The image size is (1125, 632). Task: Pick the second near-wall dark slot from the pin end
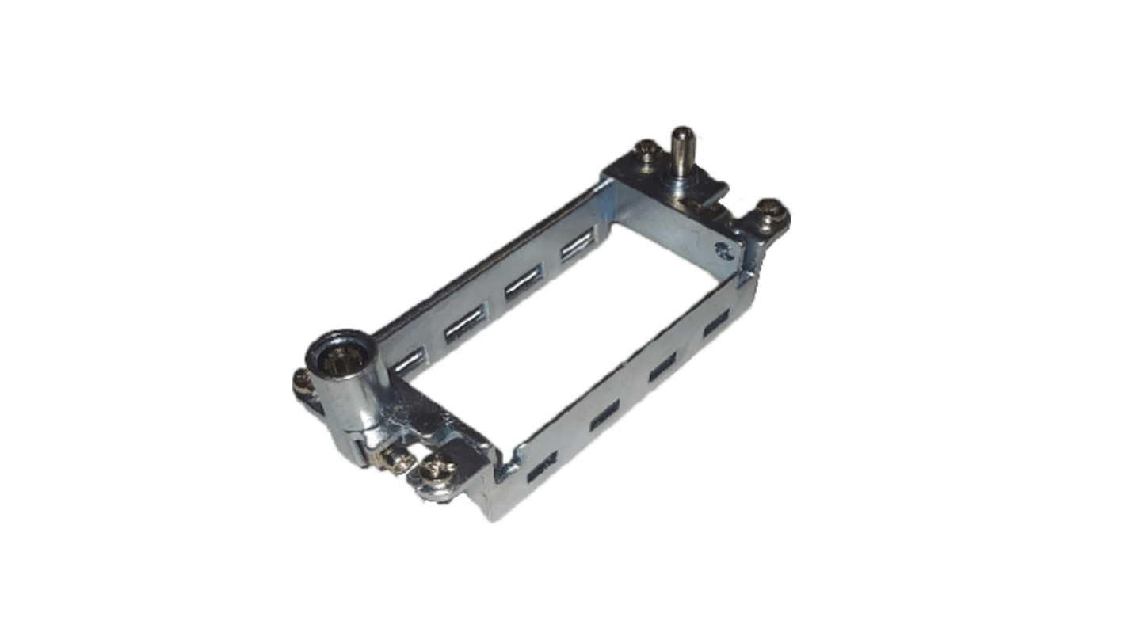(662, 366)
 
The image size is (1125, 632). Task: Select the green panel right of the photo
(1000, 316)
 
